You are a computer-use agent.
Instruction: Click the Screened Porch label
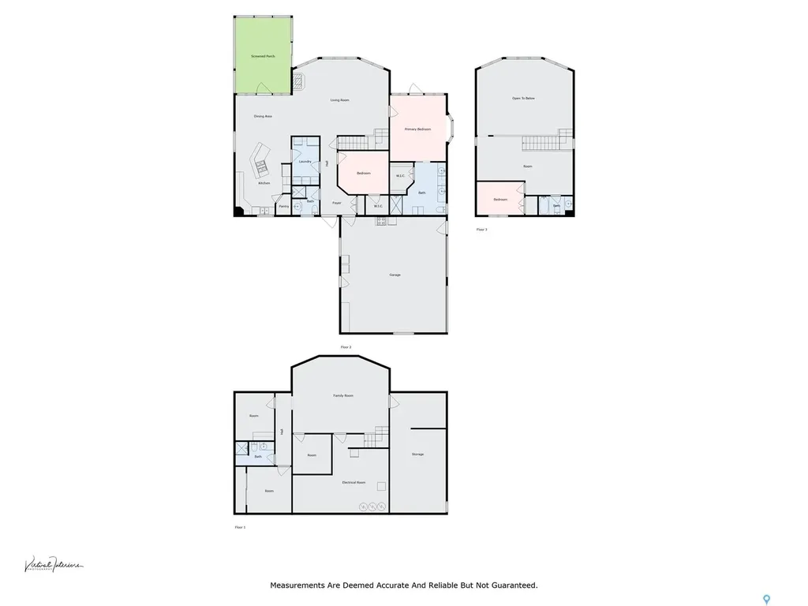pyautogui.click(x=264, y=57)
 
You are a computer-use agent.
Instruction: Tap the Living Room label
pyautogui.click(x=339, y=100)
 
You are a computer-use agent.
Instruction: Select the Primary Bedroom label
pyautogui.click(x=417, y=129)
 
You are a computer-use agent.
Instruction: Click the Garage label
pyautogui.click(x=395, y=275)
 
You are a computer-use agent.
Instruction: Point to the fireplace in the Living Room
pyautogui.click(x=300, y=80)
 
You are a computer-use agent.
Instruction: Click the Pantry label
pyautogui.click(x=283, y=207)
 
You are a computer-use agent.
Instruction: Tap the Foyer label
pyautogui.click(x=337, y=203)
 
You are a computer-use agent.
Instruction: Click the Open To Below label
pyautogui.click(x=523, y=98)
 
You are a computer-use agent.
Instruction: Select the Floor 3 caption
pyautogui.click(x=481, y=230)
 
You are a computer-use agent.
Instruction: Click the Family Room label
pyautogui.click(x=342, y=395)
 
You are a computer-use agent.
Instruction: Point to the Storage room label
pyautogui.click(x=417, y=454)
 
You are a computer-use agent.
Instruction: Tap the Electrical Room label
pyautogui.click(x=353, y=482)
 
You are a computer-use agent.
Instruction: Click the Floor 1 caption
pyautogui.click(x=241, y=527)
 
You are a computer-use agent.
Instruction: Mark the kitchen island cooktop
pyautogui.click(x=260, y=166)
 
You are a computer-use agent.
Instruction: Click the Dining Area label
pyautogui.click(x=263, y=116)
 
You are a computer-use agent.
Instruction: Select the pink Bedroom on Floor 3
pyautogui.click(x=500, y=199)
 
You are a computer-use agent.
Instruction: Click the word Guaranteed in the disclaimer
pyautogui.click(x=513, y=585)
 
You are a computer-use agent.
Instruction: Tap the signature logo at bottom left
pyautogui.click(x=53, y=564)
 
